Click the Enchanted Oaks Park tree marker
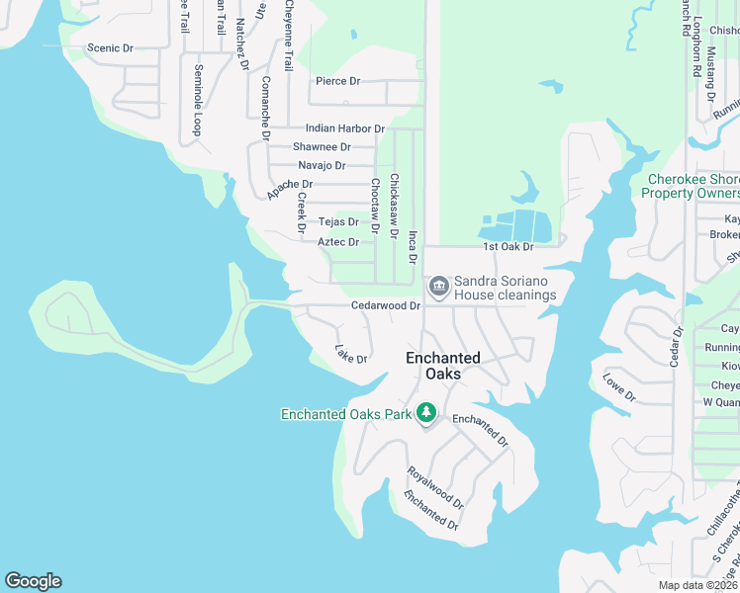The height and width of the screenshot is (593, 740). tap(426, 412)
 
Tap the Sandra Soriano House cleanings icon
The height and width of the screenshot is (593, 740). tap(438, 288)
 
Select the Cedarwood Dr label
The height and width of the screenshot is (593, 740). tap(386, 306)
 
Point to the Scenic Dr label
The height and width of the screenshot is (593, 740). tap(110, 48)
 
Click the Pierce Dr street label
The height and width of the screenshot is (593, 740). tap(337, 81)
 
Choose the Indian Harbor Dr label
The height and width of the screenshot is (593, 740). tap(344, 128)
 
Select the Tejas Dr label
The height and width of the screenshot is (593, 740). tap(337, 222)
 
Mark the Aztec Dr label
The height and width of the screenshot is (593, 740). tap(337, 242)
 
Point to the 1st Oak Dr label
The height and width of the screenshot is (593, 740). tap(508, 246)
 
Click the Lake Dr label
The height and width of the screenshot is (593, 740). tap(351, 353)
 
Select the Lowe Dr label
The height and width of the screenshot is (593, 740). tap(619, 387)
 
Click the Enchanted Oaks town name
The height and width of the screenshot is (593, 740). tap(443, 366)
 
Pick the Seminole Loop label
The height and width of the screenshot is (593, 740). tap(198, 100)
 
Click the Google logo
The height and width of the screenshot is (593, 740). tap(33, 581)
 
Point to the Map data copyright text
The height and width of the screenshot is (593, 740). tap(698, 585)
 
